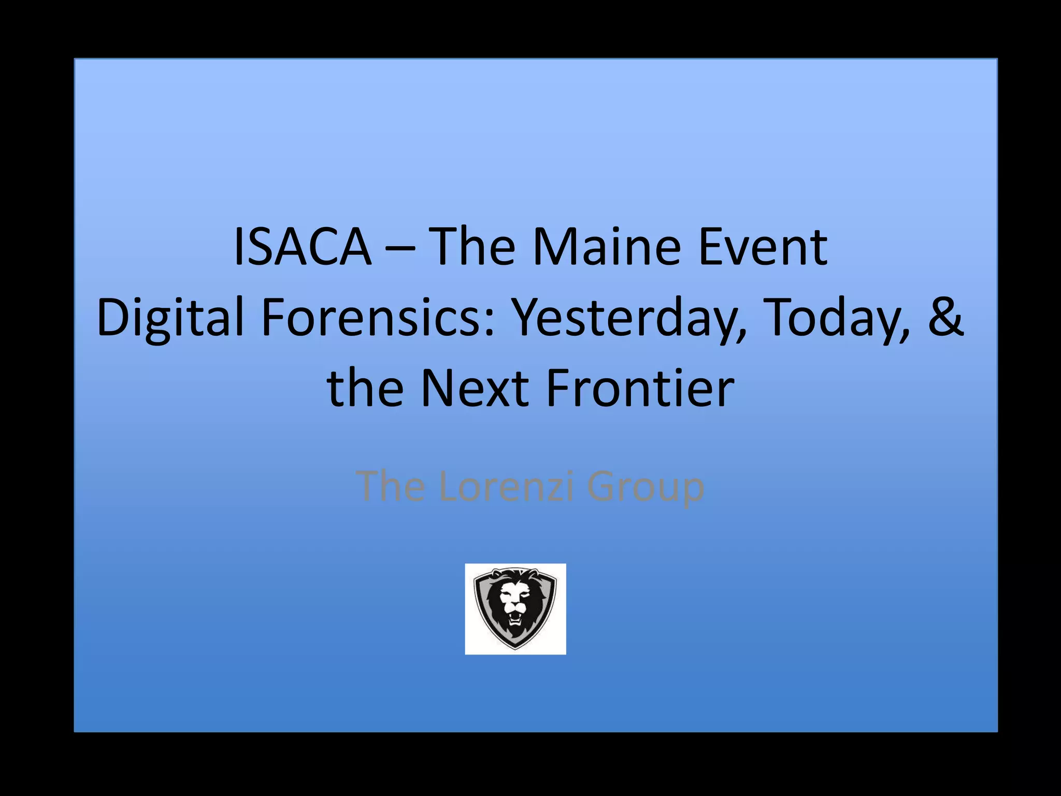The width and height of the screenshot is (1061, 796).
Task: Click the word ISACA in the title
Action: pyautogui.click(x=303, y=247)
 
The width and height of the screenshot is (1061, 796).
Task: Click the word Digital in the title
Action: pyautogui.click(x=170, y=317)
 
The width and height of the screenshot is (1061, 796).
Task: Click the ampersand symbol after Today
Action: pyautogui.click(x=946, y=317)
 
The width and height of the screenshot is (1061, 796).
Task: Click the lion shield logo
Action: pyautogui.click(x=515, y=608)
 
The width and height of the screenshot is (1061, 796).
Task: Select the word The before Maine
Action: pyautogui.click(x=473, y=247)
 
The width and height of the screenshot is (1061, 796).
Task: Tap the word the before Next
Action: pyautogui.click(x=365, y=388)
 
